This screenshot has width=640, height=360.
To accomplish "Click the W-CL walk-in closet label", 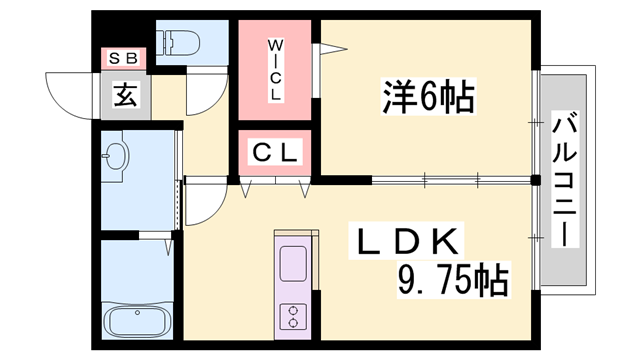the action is (277, 69).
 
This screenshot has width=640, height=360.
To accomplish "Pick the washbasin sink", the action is (117, 158).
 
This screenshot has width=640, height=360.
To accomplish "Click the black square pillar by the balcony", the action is (535, 181).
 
